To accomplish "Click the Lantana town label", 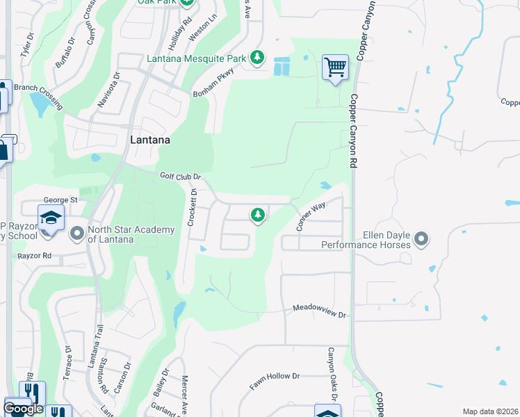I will coord(151,140).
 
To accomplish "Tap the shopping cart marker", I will coord(335,68).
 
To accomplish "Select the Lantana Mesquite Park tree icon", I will coord(257,57).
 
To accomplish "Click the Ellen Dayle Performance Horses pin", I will coord(421,240).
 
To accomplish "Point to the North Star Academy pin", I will coord(76,234).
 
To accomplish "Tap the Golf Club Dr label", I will coord(180,177).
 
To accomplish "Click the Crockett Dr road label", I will coord(194,207).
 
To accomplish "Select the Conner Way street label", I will coord(311,216).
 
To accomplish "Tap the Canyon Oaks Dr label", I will coord(332,374).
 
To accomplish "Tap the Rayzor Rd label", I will coord(36,256).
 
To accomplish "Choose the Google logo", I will coord(23,409).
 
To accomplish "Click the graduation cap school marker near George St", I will coord(51,219).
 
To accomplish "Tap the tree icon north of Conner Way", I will coord(258,215).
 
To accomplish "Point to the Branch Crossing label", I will coord(38,96).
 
